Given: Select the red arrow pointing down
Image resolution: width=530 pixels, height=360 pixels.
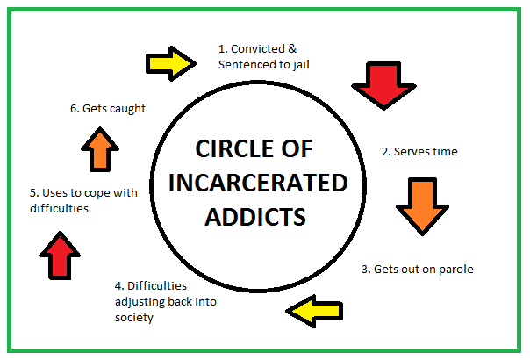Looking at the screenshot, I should tap(383, 84).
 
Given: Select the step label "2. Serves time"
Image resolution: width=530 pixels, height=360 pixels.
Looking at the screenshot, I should tap(419, 151).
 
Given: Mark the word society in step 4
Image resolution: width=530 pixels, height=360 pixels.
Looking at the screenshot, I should tap(133, 317).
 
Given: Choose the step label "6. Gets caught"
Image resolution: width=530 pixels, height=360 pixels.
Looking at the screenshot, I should tap(107, 109).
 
